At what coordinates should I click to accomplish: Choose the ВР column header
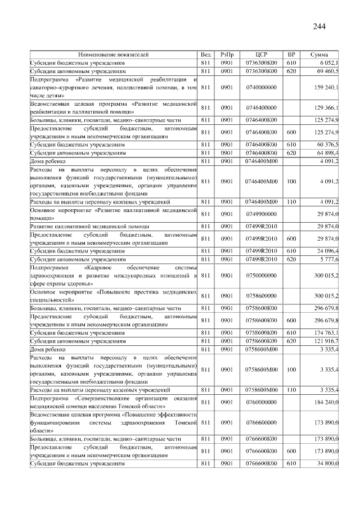coord(291,55)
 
